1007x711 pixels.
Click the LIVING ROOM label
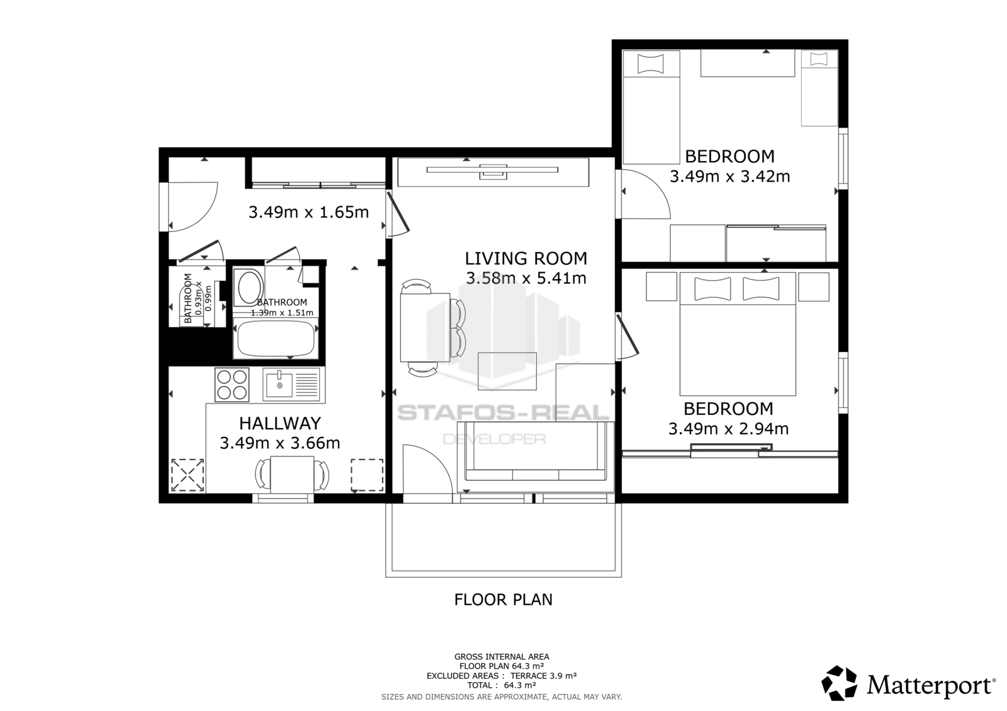[526, 259]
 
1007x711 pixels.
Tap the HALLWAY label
[280, 424]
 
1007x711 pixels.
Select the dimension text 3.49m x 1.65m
[309, 212]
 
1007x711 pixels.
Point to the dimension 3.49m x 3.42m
[730, 177]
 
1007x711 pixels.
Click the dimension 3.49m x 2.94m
[729, 429]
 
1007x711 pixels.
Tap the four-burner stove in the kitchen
[232, 385]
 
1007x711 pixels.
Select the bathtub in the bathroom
[276, 338]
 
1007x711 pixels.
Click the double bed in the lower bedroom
[738, 334]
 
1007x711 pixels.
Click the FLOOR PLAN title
[503, 600]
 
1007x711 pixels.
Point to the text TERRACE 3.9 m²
[544, 676]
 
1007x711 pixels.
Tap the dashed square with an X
[188, 475]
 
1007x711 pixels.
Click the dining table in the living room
[425, 327]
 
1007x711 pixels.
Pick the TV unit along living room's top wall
[493, 172]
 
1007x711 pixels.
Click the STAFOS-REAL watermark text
[503, 412]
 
